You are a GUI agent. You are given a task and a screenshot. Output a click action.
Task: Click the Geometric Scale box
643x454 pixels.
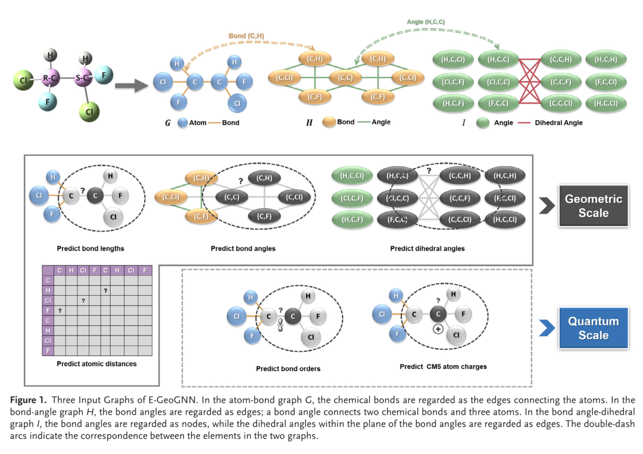[593, 206]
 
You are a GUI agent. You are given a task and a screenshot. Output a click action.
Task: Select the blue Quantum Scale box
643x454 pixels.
[593, 328]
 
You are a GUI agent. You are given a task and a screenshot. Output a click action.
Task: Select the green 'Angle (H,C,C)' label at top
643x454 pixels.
[426, 22]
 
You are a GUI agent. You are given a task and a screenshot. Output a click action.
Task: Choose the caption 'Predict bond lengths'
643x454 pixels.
[90, 248]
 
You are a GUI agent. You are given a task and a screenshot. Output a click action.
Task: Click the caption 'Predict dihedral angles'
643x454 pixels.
[427, 248]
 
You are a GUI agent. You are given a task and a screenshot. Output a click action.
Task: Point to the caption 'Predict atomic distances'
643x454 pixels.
[96, 364]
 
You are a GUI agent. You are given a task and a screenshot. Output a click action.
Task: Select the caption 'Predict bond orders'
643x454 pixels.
[288, 369]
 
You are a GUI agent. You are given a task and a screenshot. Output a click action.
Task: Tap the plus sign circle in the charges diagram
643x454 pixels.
[438, 329]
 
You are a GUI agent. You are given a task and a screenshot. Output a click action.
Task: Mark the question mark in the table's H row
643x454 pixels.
[105, 290]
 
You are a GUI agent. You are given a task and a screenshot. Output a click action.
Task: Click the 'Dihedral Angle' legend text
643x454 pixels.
[558, 123]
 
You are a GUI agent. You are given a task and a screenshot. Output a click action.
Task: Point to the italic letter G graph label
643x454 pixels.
[168, 123]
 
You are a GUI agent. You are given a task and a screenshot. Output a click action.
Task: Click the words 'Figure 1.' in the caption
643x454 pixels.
[28, 400]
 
